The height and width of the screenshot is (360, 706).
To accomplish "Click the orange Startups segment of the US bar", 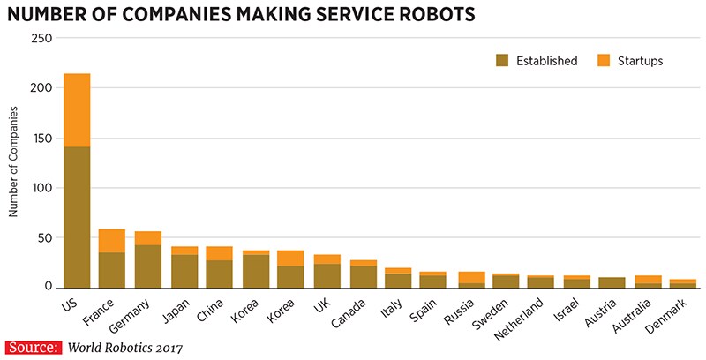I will [x=77, y=110].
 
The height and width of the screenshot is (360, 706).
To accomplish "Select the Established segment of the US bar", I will [x=77, y=216].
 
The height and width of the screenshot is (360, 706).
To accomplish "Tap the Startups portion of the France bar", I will [x=112, y=241].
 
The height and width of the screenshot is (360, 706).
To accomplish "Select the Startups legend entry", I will [x=628, y=61].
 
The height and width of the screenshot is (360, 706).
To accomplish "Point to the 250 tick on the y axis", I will [x=41, y=38].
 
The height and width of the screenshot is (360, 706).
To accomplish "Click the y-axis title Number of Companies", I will [x=13, y=161].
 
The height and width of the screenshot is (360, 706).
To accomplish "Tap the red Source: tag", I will [x=33, y=347].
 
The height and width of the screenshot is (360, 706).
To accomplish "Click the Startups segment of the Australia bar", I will [x=648, y=279].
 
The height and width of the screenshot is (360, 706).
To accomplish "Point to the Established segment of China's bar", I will [x=219, y=274].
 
